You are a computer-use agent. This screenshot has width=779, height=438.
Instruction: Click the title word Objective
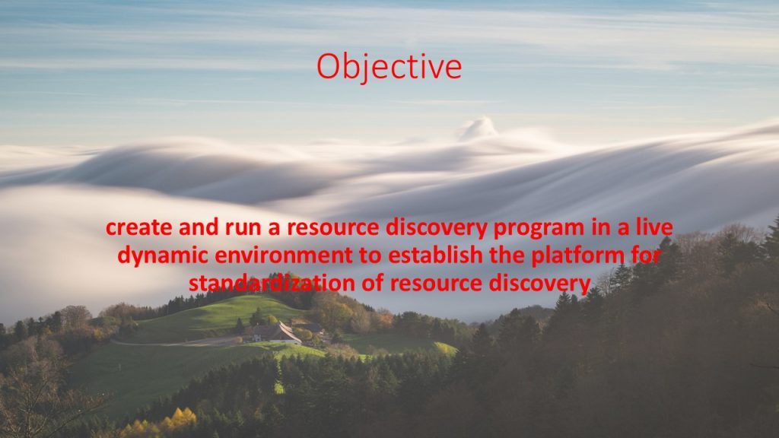(x=389, y=67)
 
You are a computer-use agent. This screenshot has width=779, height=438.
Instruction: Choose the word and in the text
(x=199, y=227)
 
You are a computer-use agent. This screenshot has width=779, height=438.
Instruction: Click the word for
(x=646, y=255)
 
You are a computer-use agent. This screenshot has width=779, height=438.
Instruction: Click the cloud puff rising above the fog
(x=477, y=128)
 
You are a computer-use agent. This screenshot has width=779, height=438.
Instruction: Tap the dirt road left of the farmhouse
(x=176, y=342)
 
